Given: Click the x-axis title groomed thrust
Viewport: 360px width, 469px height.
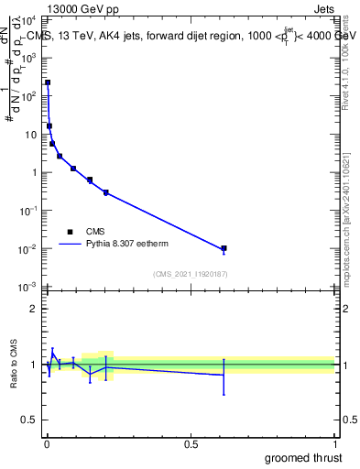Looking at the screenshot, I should pyautogui.click(x=304, y=457).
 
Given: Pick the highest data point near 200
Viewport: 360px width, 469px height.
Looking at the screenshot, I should pyautogui.click(x=48, y=82).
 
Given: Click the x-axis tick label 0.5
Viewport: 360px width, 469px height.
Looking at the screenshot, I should pyautogui.click(x=191, y=444).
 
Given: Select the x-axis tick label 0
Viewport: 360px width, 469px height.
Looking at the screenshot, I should pyautogui.click(x=47, y=444).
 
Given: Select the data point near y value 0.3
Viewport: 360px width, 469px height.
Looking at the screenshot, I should pyautogui.click(x=106, y=192).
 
